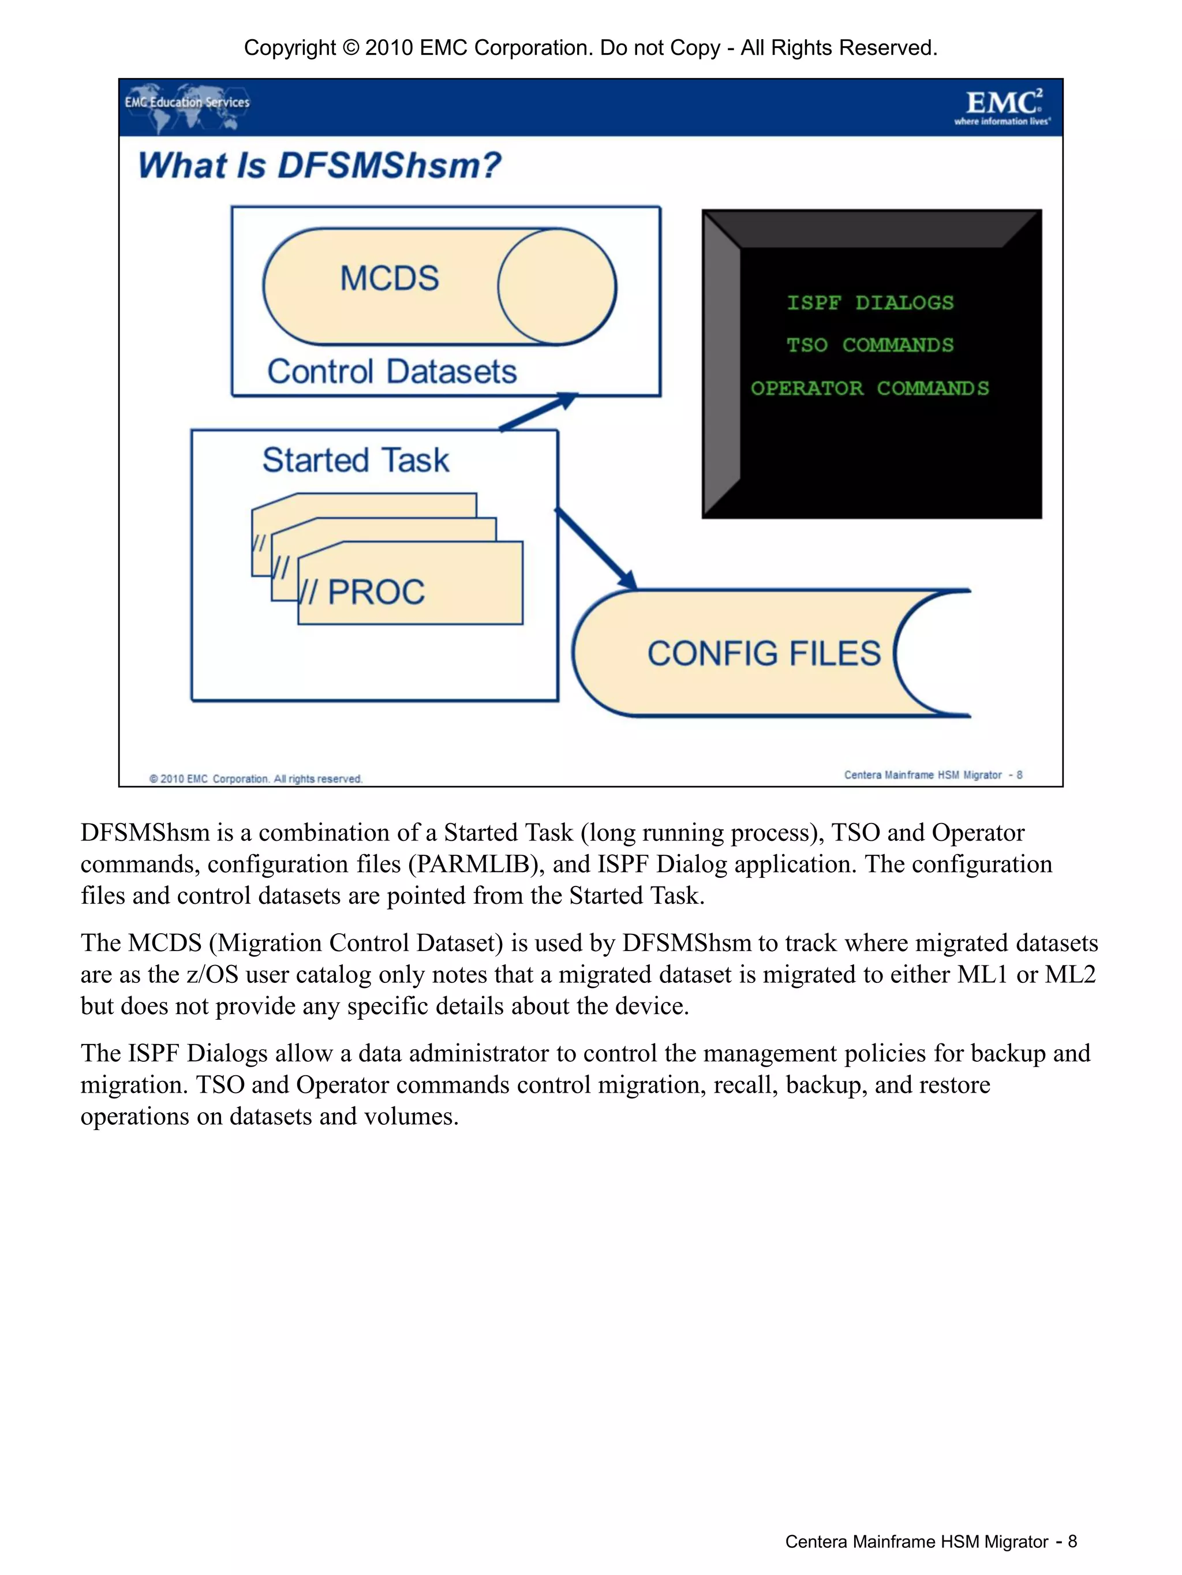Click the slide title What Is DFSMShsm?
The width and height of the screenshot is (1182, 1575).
point(319,166)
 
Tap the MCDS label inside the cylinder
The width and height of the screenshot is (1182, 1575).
point(389,278)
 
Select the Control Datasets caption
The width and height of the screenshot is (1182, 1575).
point(392,372)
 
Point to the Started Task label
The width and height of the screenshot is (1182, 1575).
point(356,460)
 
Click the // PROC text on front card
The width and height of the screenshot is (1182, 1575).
point(363,592)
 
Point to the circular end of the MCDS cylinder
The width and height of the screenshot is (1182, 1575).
point(557,287)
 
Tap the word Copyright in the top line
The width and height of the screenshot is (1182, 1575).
point(289,48)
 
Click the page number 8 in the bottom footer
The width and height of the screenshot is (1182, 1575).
point(1072,1542)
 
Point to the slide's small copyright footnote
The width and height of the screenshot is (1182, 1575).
point(256,779)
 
